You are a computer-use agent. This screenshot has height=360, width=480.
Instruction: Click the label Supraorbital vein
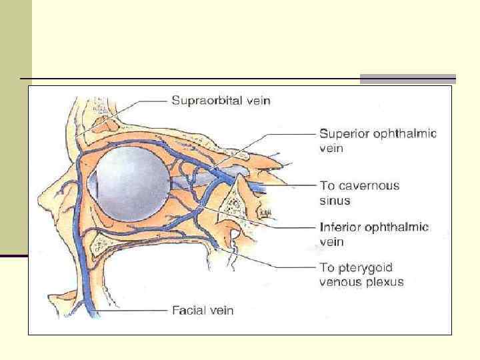coord(221,101)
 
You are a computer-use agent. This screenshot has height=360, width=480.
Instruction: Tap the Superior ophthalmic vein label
coord(377,141)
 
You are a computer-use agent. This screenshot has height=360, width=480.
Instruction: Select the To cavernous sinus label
coord(359,193)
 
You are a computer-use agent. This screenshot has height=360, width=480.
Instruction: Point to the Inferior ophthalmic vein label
coord(373,234)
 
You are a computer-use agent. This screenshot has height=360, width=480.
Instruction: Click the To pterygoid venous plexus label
coord(361,275)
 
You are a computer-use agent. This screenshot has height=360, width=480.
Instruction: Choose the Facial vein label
coord(203,310)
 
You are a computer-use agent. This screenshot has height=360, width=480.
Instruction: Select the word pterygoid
coord(368,269)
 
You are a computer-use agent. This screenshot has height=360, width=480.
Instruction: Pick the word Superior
coord(341,134)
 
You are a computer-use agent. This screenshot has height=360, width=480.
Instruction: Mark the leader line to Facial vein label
coord(133,310)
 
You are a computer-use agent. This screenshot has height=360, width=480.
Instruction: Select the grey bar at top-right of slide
coord(407,79)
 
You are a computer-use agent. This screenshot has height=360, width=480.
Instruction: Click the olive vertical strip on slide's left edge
coord(15,127)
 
